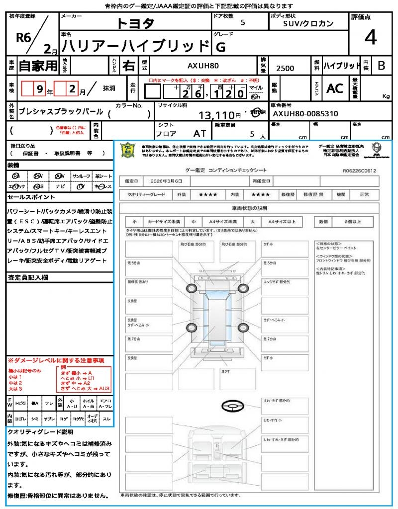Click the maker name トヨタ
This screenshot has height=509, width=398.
[136, 23]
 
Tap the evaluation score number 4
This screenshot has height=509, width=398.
[370, 38]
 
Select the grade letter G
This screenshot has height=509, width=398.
[219, 47]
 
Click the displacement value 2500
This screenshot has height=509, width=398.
[285, 69]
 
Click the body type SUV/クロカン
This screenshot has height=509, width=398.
[308, 23]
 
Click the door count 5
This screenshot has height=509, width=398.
[243, 23]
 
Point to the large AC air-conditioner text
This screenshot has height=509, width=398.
[335, 88]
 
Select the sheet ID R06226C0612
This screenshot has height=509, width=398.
[359, 170]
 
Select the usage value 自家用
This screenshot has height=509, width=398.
[38, 65]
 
